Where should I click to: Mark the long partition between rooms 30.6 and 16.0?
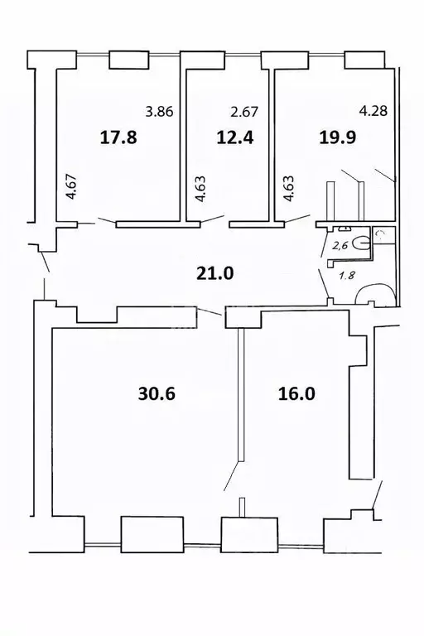coord(240,393)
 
